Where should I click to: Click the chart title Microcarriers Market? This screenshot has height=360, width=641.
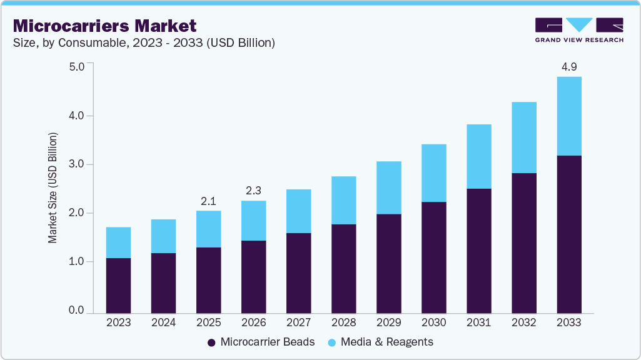click(x=104, y=26)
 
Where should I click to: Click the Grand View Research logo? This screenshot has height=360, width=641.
click(x=579, y=29)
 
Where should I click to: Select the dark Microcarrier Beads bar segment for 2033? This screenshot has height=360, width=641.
click(x=568, y=234)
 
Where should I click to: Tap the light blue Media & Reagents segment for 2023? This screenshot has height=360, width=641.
click(x=118, y=242)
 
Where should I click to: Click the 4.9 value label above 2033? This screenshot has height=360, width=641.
click(x=568, y=66)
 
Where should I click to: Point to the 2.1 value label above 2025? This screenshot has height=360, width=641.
click(x=208, y=201)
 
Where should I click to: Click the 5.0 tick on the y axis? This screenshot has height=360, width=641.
click(x=76, y=66)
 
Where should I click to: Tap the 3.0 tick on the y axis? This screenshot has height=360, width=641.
click(x=76, y=164)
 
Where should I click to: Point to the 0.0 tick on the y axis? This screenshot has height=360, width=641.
click(x=76, y=311)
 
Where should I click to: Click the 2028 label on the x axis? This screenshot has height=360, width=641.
click(x=343, y=322)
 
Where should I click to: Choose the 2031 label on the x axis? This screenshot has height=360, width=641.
click(x=478, y=322)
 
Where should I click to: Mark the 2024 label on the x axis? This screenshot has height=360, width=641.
click(x=163, y=322)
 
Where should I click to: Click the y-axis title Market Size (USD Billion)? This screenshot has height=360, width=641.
click(x=53, y=188)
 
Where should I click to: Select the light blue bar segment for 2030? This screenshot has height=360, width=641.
click(x=433, y=173)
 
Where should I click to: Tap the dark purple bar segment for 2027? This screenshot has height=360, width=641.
click(x=298, y=272)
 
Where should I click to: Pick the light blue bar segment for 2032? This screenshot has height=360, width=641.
click(x=523, y=137)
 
